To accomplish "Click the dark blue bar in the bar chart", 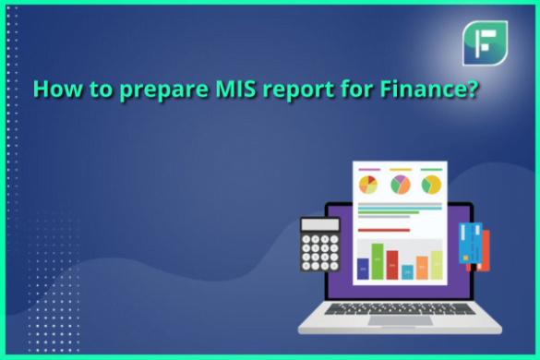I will point(362,269).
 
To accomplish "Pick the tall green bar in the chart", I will point(377,261).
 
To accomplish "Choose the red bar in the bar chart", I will point(391,264).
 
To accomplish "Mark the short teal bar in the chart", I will point(407,272).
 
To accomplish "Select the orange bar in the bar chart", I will point(422,268).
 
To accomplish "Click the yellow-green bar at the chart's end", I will point(437,264).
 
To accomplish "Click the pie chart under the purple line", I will point(368,185).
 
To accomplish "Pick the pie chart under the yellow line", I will point(400,185).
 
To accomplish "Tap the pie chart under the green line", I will point(431,185).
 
